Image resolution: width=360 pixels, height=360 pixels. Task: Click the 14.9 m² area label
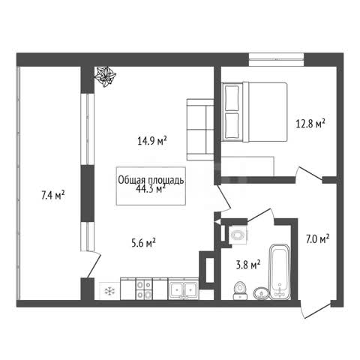click(152, 141)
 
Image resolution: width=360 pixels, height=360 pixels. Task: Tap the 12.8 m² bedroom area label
click(310, 124)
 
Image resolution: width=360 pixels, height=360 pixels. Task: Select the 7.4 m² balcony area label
click(53, 195)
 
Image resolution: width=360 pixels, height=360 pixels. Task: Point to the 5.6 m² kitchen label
click(144, 242)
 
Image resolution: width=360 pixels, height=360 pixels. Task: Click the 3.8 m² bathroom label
click(248, 265)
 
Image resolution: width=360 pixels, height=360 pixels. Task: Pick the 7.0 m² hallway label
click(317, 239)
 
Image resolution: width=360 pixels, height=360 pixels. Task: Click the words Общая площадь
click(151, 180)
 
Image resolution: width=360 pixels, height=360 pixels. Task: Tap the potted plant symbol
click(105, 76)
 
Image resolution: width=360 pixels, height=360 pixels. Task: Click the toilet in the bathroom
click(240, 291)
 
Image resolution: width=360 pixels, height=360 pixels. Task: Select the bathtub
click(280, 271)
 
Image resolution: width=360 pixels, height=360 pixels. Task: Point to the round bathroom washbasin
click(262, 293)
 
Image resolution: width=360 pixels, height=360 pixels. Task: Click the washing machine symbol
click(238, 235)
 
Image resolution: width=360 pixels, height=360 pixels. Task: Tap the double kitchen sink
click(184, 289)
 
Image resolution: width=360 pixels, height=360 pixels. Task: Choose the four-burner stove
click(144, 289)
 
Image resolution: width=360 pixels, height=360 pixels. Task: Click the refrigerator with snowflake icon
click(109, 291)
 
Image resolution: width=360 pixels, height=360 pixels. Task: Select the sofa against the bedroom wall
click(200, 130)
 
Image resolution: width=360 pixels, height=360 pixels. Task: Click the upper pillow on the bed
click(232, 98)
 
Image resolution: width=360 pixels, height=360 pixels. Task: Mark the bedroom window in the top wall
click(276, 60)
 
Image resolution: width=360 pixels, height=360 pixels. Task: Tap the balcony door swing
click(94, 265)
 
